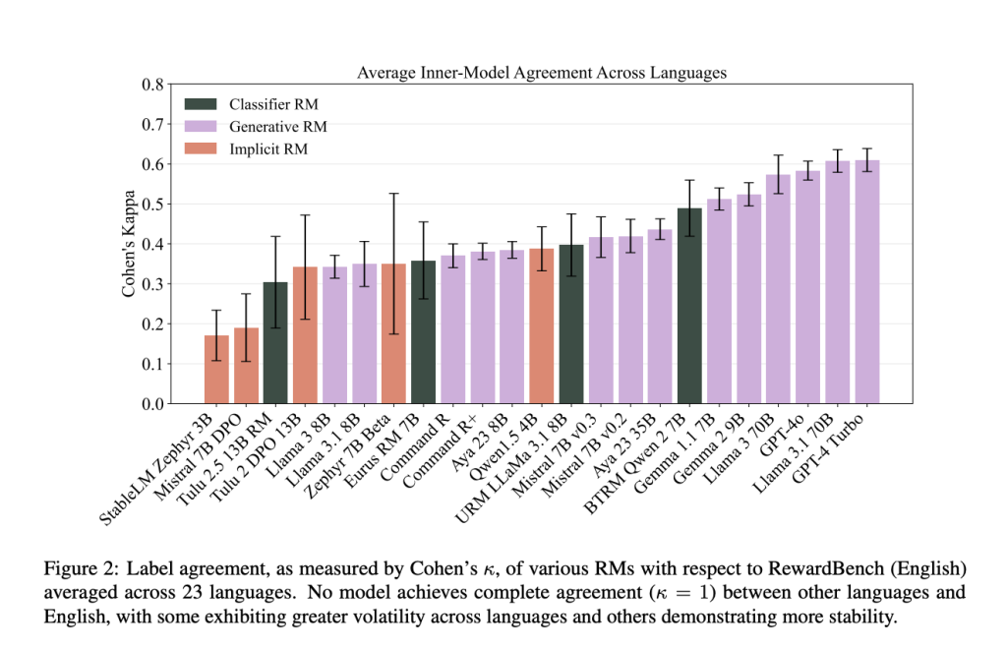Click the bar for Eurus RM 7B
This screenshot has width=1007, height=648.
click(423, 334)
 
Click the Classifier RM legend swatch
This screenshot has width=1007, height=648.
click(201, 103)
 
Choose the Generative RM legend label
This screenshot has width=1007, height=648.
click(278, 127)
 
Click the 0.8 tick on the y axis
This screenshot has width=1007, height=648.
click(152, 85)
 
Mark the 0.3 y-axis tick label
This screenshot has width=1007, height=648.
click(152, 284)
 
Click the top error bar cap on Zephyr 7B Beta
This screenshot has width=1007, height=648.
click(393, 194)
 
